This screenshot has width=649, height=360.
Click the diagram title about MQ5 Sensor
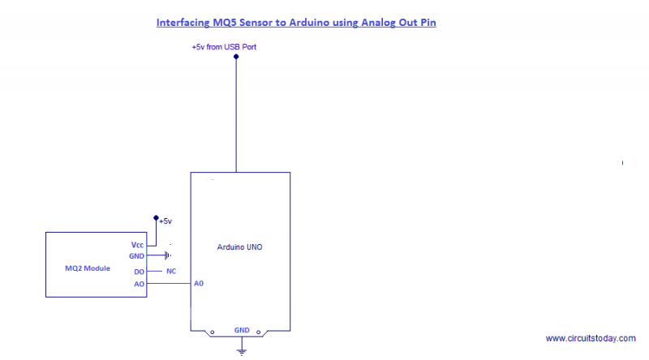tap(296, 23)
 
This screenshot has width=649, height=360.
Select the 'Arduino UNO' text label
tap(241, 246)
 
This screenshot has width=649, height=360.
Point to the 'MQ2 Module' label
tap(88, 268)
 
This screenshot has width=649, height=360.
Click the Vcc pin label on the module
tap(137, 244)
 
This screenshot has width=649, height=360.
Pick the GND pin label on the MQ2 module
tap(136, 256)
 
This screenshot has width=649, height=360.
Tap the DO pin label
tap(139, 271)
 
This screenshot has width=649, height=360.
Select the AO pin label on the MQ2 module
tap(139, 284)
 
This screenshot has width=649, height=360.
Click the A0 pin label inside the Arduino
tap(199, 284)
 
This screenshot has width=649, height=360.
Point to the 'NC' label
tap(171, 271)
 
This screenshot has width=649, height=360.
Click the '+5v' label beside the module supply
tap(165, 221)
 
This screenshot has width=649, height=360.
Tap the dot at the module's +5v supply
tap(156, 217)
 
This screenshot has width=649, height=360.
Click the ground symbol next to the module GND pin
tap(166, 256)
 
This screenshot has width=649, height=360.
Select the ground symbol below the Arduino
tap(241, 349)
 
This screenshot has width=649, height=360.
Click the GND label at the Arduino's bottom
tap(242, 330)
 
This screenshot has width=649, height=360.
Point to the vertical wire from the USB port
tap(236, 114)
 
